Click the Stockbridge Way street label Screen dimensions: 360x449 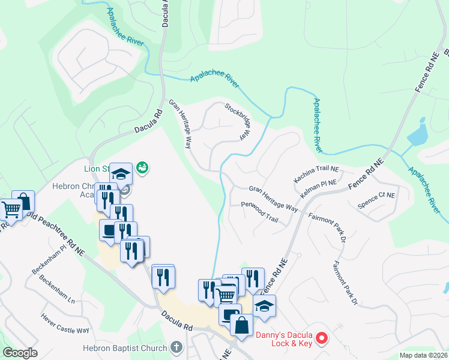click(x=237, y=121)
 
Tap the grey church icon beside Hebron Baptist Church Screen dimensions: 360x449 click(x=176, y=347)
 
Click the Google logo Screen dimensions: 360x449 click(x=20, y=353)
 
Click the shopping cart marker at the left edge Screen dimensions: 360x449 click(x=11, y=209)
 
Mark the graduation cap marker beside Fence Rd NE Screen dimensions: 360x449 click(x=264, y=306)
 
